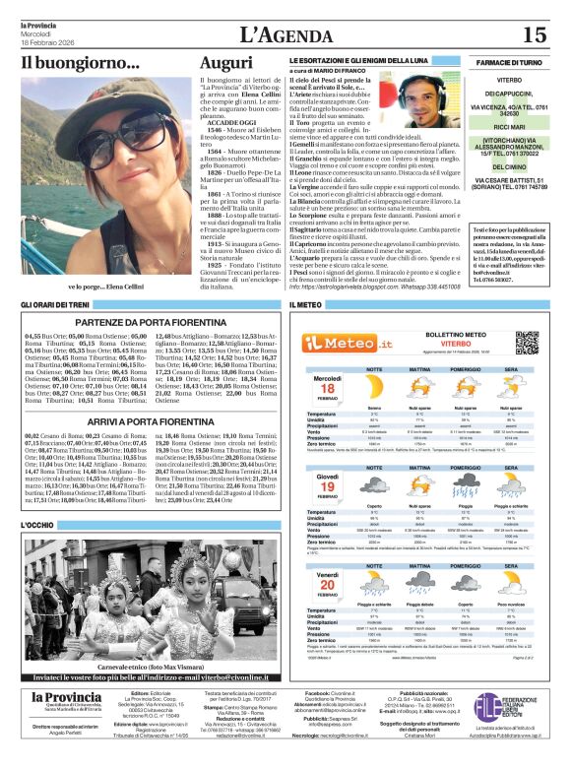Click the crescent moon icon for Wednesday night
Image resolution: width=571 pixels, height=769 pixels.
pyautogui.click(x=374, y=386)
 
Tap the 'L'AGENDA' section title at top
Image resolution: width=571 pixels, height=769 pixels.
pyautogui.click(x=285, y=35)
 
